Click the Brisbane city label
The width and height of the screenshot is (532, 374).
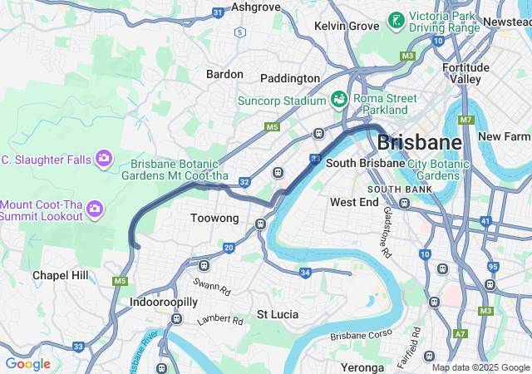pos(419,141)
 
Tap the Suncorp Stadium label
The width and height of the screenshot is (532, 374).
pos(283,101)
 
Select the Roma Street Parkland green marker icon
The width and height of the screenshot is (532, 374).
pos(339,100)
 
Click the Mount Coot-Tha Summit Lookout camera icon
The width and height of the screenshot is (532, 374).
pos(96,208)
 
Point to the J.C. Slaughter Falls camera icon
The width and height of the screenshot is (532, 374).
pos(103,157)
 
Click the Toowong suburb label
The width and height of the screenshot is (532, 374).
pos(214,219)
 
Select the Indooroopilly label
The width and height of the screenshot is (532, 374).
pos(163,302)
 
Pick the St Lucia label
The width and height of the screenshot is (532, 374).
pos(278,314)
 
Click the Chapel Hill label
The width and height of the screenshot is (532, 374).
pos(60,275)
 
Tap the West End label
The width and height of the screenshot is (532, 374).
pos(354,202)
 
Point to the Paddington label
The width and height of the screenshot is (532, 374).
pos(290,78)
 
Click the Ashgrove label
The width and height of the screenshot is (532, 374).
pos(256,7)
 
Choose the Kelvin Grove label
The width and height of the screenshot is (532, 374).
pos(347,27)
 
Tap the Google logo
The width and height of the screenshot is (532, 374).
pos(27,364)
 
